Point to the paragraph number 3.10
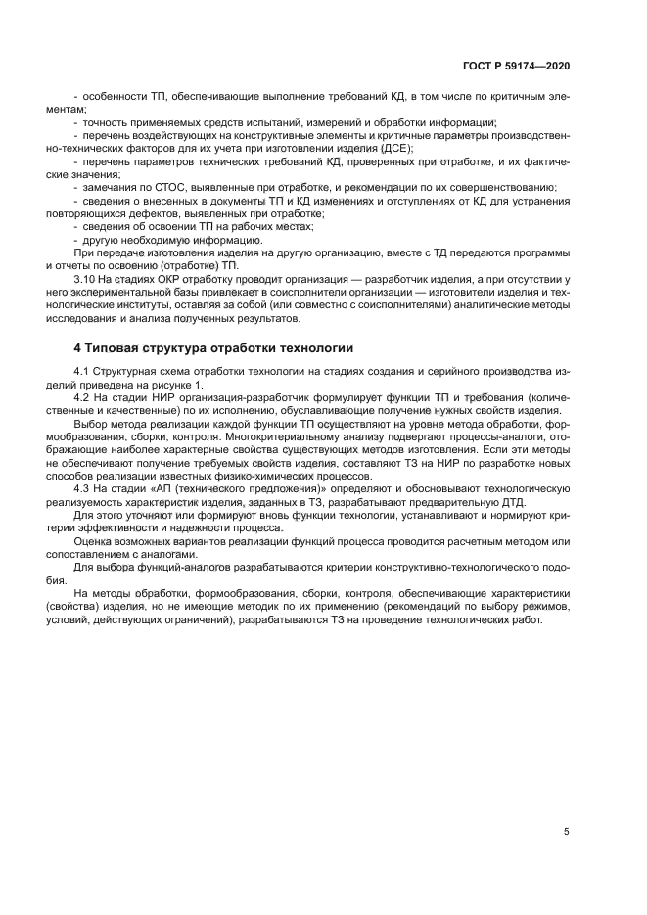coord(86,279)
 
